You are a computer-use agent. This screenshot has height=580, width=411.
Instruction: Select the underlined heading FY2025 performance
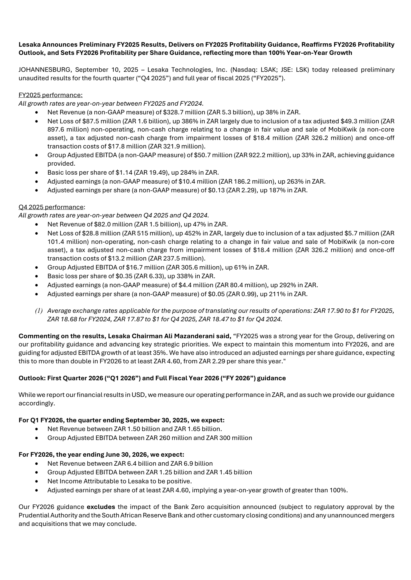(x=50, y=95)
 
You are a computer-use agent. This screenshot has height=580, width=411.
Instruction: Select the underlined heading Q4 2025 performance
(x=51, y=207)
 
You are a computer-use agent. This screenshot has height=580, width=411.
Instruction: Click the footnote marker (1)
(x=39, y=311)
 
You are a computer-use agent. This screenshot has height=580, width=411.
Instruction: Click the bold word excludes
(x=101, y=507)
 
